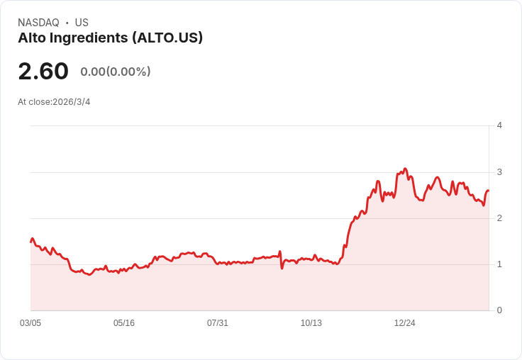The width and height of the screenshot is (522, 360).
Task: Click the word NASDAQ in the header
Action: [x=38, y=23]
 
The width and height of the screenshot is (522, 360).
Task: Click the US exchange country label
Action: [x=82, y=23]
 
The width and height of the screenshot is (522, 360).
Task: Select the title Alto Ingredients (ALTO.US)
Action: [x=110, y=38]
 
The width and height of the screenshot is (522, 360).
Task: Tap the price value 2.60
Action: [x=43, y=71]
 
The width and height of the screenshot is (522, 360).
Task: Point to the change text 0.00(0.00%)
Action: [x=116, y=72]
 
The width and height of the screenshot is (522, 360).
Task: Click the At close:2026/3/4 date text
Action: [x=54, y=101]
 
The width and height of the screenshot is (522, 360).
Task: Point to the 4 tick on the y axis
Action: [x=499, y=125]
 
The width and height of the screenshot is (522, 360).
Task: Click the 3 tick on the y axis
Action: [x=499, y=172]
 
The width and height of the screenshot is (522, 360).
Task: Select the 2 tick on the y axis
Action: [x=499, y=218]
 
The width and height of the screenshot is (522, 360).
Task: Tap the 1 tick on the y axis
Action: [x=499, y=264]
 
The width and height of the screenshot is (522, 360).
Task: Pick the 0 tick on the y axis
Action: [x=499, y=310]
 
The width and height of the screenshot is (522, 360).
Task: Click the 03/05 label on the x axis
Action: [x=30, y=322]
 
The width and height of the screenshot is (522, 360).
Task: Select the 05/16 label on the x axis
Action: [x=124, y=322]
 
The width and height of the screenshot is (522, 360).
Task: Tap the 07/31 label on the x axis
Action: [x=218, y=322]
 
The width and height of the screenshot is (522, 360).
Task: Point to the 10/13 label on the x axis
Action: [x=311, y=322]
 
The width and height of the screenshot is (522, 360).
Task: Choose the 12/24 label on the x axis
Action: [x=405, y=322]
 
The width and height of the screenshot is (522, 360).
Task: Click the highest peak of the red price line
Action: [x=405, y=169]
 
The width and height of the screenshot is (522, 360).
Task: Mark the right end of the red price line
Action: [x=489, y=191]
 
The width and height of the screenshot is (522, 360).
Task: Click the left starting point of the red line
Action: [x=30, y=242]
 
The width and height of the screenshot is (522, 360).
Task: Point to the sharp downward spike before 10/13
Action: [x=282, y=268]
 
